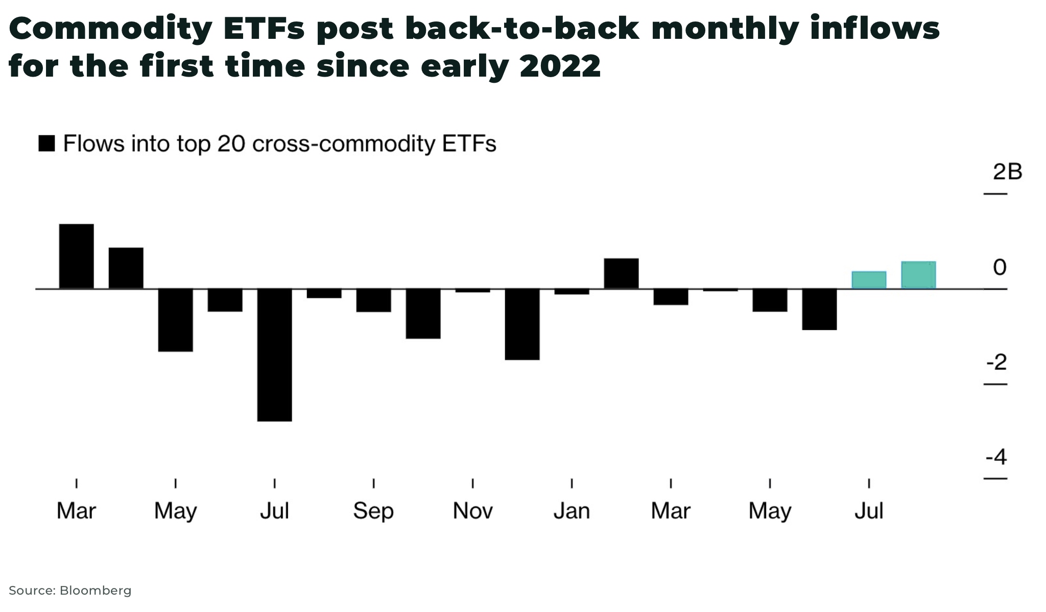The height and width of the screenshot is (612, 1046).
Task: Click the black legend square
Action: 46,144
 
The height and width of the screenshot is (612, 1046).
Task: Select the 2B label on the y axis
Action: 1007,172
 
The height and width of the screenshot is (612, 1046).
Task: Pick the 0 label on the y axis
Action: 1000,267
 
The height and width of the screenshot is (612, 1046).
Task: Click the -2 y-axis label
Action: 996,362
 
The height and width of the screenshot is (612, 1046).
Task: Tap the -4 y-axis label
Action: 996,457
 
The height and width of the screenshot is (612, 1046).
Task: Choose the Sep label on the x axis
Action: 373,511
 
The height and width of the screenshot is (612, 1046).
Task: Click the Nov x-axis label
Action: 472,511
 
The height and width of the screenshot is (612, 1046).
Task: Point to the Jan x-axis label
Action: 572,511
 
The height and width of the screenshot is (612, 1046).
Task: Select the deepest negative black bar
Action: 275,355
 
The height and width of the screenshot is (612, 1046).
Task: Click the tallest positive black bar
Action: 77,256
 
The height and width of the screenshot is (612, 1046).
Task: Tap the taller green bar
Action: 918,275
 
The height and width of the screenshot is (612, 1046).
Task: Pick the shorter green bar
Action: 869,280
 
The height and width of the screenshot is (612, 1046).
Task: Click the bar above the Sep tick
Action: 374,300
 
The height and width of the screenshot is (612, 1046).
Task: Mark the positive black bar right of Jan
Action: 621,274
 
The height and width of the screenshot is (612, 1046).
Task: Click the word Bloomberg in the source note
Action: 96,591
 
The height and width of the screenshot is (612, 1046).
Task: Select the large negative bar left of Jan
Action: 522,324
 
